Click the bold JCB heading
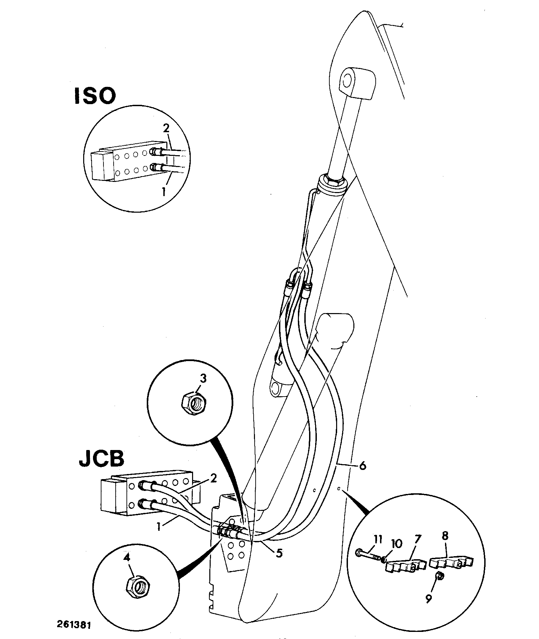click(101, 458)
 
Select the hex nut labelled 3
click(192, 402)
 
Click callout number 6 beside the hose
click(362, 466)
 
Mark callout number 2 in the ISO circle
click(166, 129)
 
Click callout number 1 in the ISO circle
click(164, 192)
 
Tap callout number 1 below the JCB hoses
click(159, 526)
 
